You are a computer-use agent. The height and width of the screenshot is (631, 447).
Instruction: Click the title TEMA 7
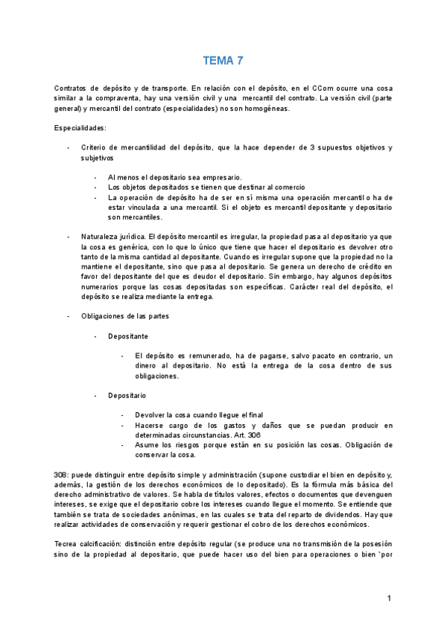click(223, 60)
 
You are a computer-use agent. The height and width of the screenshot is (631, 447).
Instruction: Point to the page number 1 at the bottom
click(389, 598)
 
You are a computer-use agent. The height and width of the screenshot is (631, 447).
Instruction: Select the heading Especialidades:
click(80, 127)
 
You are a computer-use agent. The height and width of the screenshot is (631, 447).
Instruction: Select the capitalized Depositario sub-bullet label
click(127, 395)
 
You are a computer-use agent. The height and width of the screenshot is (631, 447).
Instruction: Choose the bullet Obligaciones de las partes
click(125, 315)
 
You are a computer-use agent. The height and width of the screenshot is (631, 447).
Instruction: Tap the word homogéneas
click(265, 108)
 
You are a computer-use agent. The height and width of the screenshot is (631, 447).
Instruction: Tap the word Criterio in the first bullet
click(97, 147)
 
